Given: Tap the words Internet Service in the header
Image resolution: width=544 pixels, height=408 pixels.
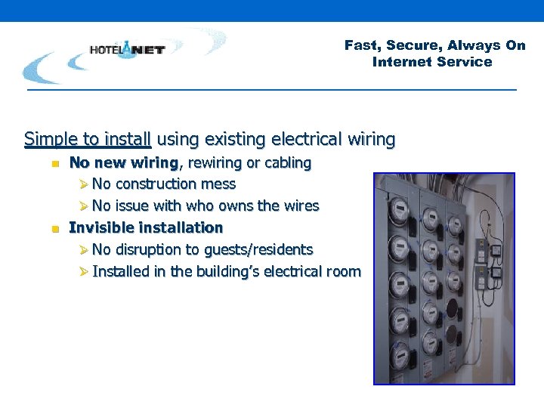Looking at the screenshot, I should (431, 62).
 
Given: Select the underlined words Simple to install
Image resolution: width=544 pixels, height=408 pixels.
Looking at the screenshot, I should (88, 139).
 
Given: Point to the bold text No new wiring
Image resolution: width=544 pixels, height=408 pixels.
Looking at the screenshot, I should (123, 162).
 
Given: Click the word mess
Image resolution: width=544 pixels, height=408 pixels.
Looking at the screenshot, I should (218, 184).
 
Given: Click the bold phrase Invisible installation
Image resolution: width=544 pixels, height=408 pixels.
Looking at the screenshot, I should (146, 227).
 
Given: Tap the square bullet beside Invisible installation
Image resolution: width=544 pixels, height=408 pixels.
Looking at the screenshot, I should (55, 228).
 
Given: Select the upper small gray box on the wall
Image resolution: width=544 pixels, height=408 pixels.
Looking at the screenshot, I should (498, 251).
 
